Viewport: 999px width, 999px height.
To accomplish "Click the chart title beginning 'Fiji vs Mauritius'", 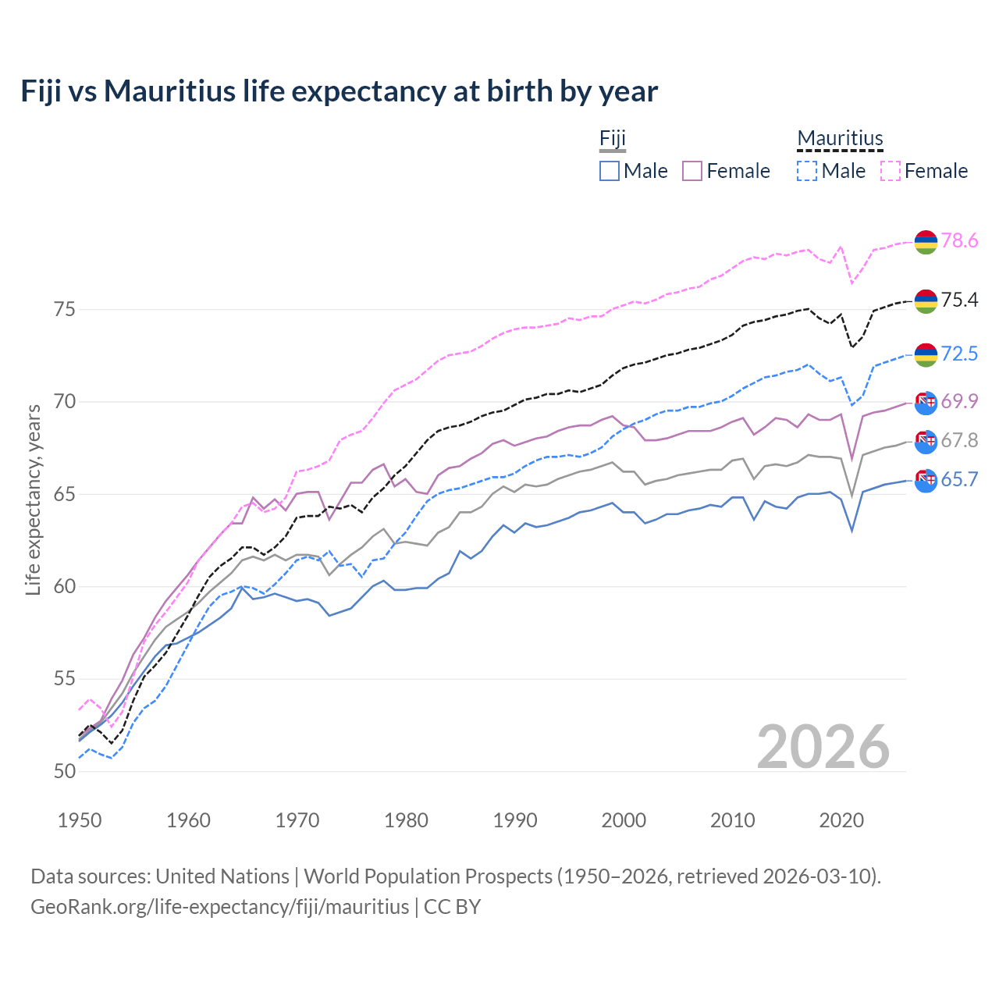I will pyautogui.click(x=339, y=91).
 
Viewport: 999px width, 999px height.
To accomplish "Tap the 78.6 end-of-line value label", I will pyautogui.click(x=959, y=241).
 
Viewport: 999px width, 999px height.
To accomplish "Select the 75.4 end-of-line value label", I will pyautogui.click(x=959, y=300).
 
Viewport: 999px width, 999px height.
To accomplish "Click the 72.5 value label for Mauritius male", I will pyautogui.click(x=959, y=354).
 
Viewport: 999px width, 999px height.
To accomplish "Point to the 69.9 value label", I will pyautogui.click(x=959, y=402).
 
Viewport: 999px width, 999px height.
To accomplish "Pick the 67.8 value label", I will pyautogui.click(x=959, y=441).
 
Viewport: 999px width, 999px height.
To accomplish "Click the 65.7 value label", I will pyautogui.click(x=959, y=480).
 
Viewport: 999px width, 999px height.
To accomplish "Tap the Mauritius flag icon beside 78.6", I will pyautogui.click(x=926, y=242).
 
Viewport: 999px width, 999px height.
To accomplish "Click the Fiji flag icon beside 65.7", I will pyautogui.click(x=926, y=481).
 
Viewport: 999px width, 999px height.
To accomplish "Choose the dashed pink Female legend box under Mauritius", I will pyautogui.click(x=890, y=171).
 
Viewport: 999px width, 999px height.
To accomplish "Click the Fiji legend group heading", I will pyautogui.click(x=613, y=139).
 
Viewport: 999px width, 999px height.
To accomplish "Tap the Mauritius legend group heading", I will pyautogui.click(x=840, y=139).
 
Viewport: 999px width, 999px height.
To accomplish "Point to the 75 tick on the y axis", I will pyautogui.click(x=65, y=310).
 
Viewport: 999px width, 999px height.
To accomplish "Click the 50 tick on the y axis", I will pyautogui.click(x=65, y=771).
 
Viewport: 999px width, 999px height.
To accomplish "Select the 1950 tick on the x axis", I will pyautogui.click(x=80, y=820).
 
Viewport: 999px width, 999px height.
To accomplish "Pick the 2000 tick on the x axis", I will pyautogui.click(x=624, y=820).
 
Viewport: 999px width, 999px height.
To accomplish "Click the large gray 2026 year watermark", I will pyautogui.click(x=823, y=747).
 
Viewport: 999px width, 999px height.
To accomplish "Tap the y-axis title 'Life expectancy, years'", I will pyautogui.click(x=33, y=499).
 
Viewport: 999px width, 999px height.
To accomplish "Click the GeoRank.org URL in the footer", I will pyautogui.click(x=219, y=907).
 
